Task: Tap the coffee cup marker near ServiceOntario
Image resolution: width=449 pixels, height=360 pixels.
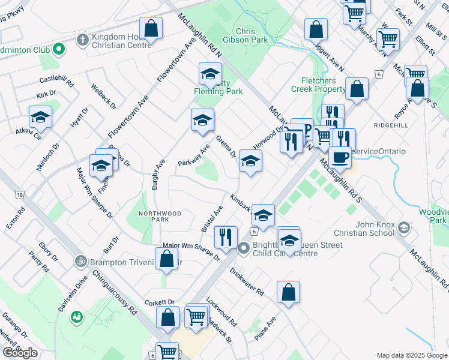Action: (340, 157)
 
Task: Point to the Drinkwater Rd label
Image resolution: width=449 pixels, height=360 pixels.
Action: (246, 281)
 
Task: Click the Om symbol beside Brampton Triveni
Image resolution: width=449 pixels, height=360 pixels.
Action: (80, 261)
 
